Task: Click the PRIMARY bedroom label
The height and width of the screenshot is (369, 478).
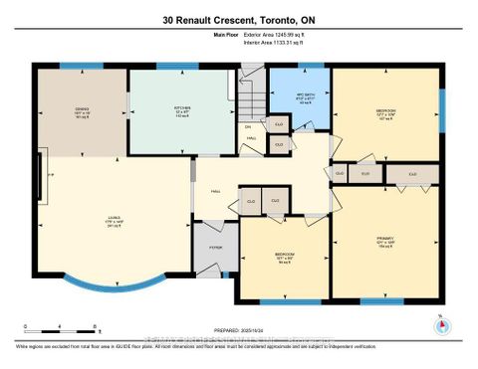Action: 384,240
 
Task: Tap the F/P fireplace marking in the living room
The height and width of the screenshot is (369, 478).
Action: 50,171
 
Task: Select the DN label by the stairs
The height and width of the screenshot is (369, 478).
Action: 248,127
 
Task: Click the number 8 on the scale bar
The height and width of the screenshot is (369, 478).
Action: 94,326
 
